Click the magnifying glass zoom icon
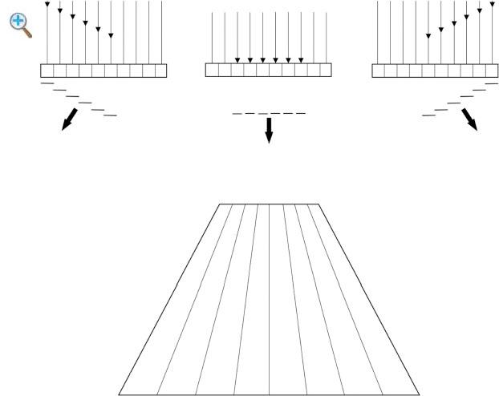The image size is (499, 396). click(x=20, y=24)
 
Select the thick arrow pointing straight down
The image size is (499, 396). click(x=269, y=130)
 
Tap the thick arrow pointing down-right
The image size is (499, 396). click(x=469, y=119)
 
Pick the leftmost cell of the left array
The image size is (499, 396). click(x=47, y=71)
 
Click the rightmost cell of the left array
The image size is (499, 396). click(x=160, y=71)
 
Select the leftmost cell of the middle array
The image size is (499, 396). click(x=212, y=70)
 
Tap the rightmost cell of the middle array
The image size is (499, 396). click(x=325, y=70)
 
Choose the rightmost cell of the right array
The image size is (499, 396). click(x=491, y=71)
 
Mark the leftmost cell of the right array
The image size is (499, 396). click(x=378, y=71)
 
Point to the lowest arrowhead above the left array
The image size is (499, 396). click(x=111, y=35)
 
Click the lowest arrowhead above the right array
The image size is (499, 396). click(x=428, y=35)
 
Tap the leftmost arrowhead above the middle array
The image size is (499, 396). click(x=237, y=59)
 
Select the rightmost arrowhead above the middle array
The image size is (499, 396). click(x=301, y=59)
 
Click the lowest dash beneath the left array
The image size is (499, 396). click(x=110, y=115)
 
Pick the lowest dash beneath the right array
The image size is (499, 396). click(x=428, y=115)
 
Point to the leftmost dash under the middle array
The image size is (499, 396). click(x=237, y=114)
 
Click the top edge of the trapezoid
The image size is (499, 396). click(x=269, y=204)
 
